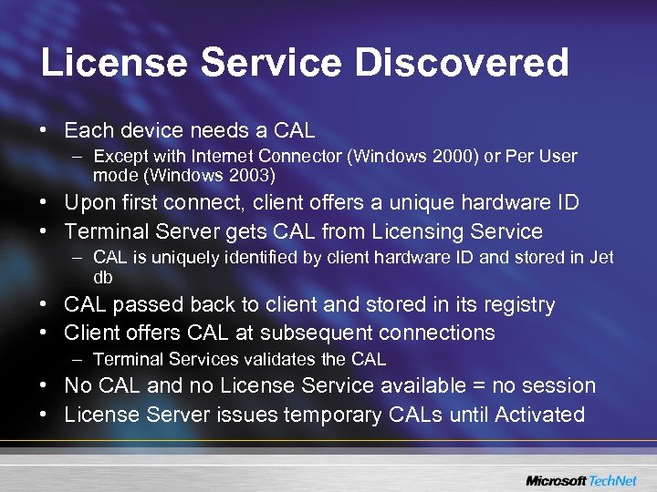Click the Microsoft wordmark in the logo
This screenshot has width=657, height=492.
[x=556, y=480]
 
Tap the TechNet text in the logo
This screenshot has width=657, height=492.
[x=616, y=480]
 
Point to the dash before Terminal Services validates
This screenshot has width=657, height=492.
[x=79, y=359]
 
